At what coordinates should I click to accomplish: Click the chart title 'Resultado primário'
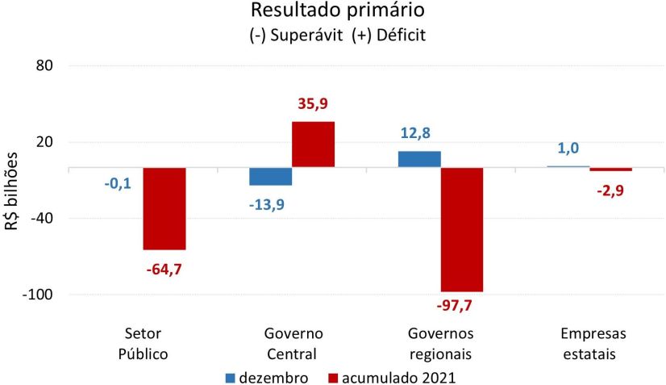[x=338, y=11]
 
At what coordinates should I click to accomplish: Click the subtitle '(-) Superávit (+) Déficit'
[x=338, y=36]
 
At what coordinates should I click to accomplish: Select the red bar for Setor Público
[x=164, y=208]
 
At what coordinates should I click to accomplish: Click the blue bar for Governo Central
[x=270, y=177]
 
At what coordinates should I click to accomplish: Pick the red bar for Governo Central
[x=313, y=144]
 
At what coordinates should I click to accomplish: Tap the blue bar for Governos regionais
[x=419, y=159]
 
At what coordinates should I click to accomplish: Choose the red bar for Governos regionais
[x=461, y=229]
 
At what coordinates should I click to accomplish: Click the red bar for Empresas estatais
[x=610, y=169]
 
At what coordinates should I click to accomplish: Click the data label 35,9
[x=313, y=104]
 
